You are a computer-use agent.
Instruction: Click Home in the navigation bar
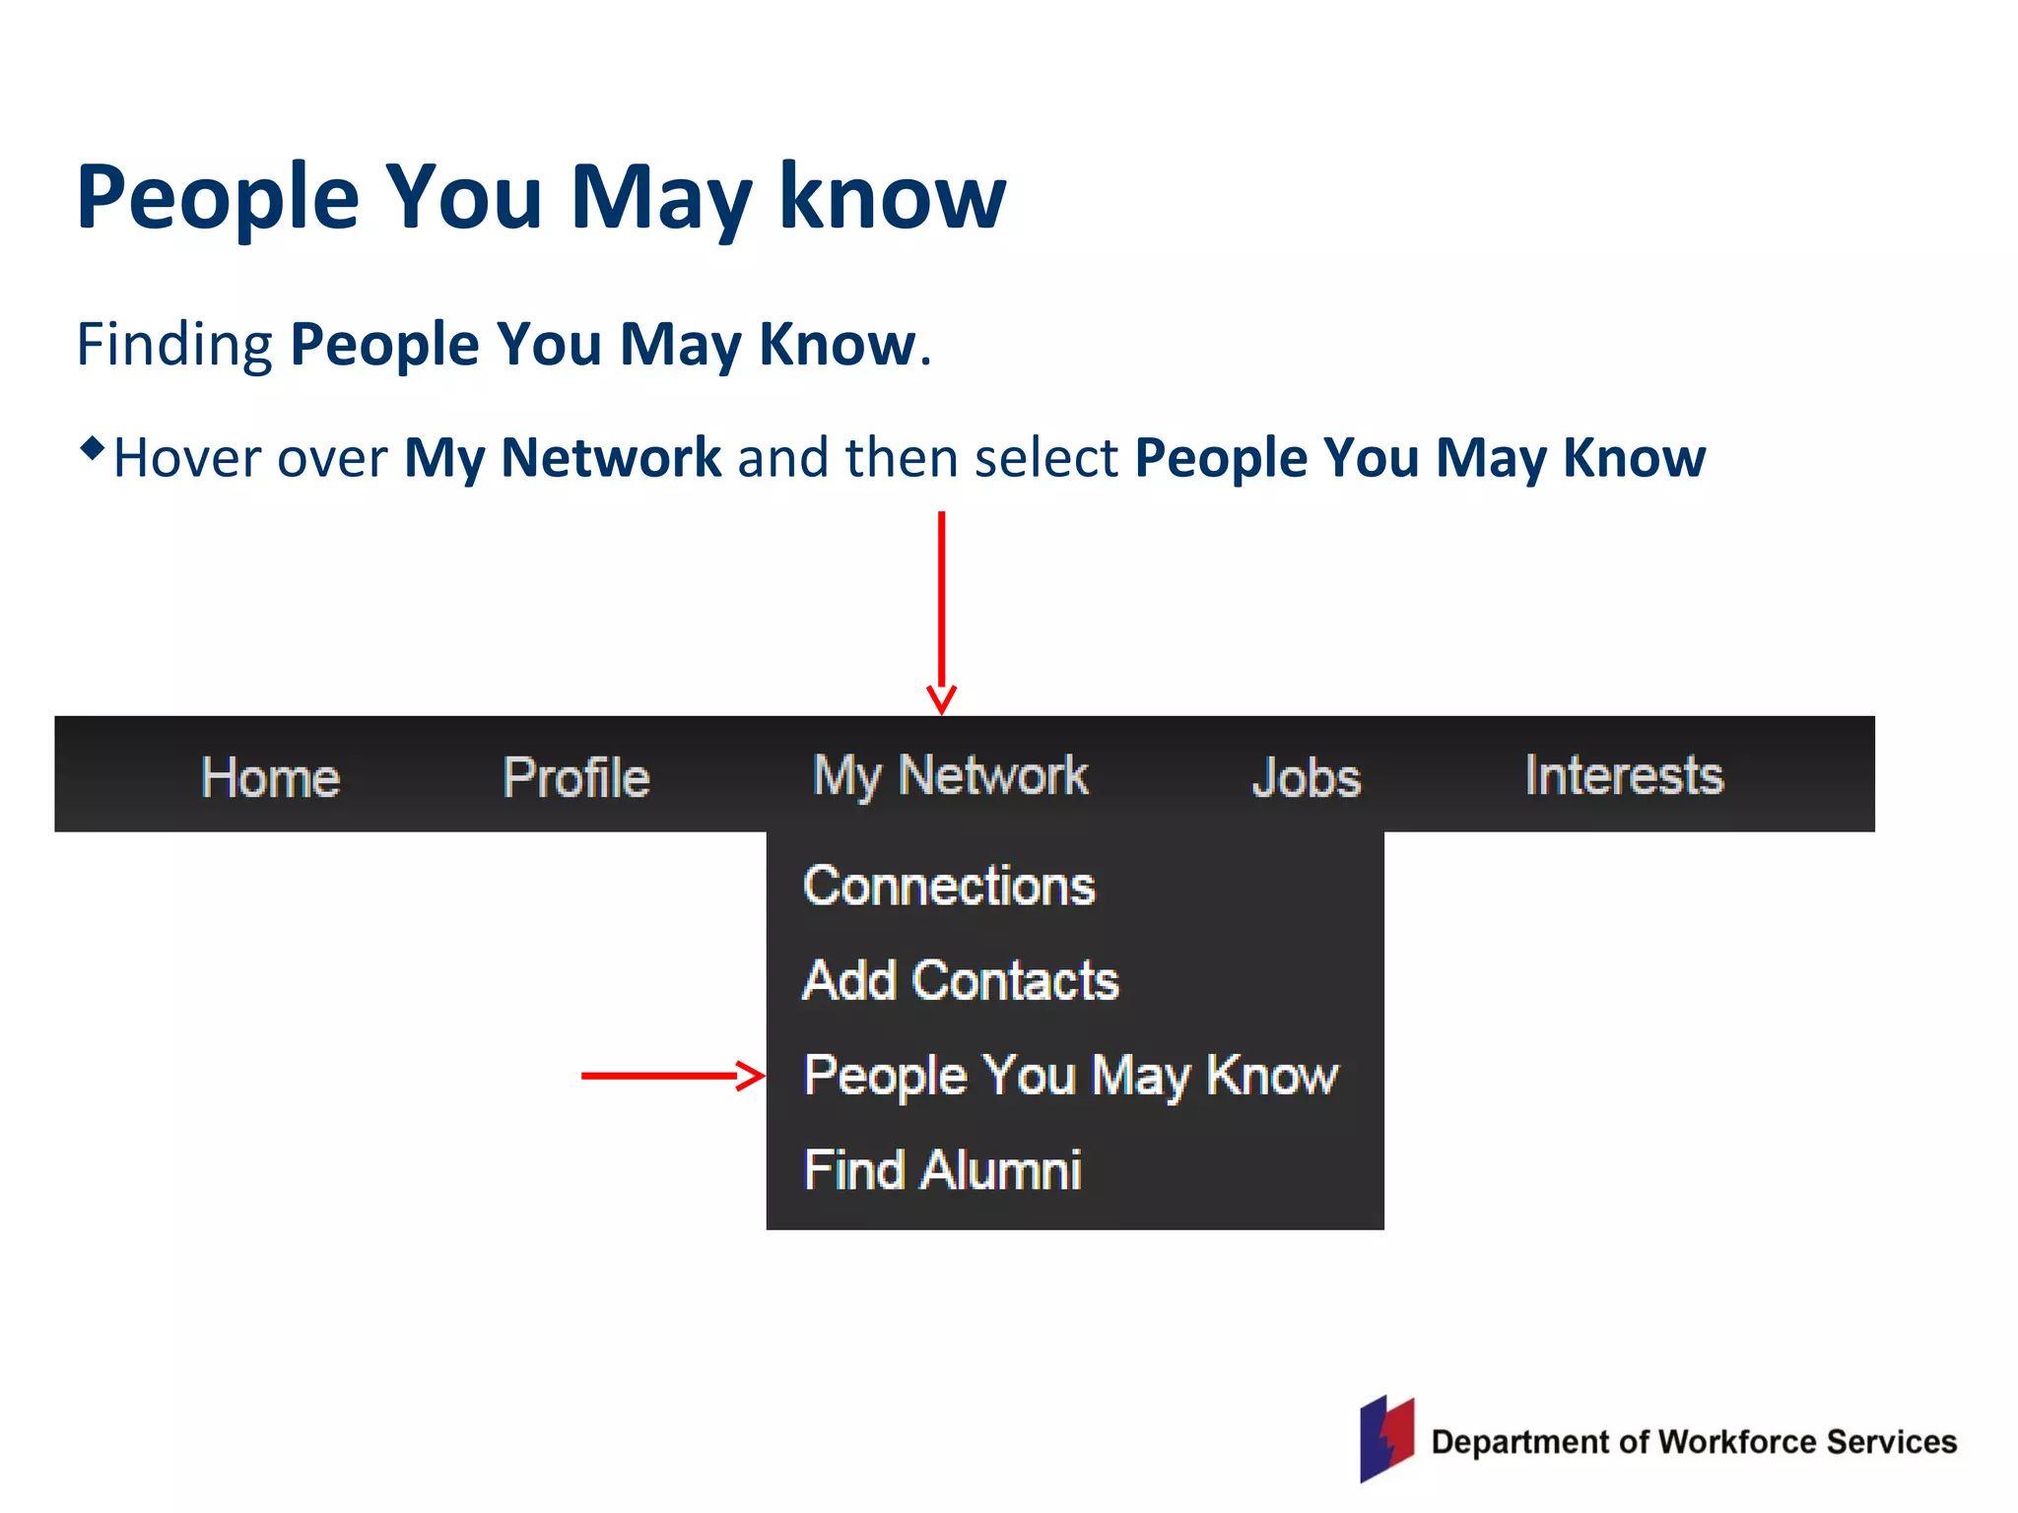pos(270,777)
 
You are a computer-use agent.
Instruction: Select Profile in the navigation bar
pos(576,777)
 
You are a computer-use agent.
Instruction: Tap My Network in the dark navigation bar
pos(950,775)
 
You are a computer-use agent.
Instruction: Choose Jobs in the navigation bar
pos(1307,777)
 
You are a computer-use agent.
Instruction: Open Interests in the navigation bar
pos(1624,774)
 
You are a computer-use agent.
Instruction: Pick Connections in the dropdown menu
pos(949,886)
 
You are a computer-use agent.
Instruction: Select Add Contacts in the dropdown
pos(961,980)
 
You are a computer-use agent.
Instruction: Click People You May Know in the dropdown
pos(1071,1075)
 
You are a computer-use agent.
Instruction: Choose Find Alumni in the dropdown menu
pos(942,1170)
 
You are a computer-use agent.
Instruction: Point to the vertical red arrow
pos(942,611)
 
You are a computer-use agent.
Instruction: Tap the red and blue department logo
pos(1386,1439)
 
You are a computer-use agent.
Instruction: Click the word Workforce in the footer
pos(1737,1442)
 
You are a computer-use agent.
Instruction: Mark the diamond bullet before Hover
pos(92,449)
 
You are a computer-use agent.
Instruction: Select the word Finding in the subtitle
pos(174,345)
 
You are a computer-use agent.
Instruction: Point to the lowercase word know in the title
pos(892,197)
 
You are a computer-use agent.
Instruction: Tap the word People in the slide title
pos(218,197)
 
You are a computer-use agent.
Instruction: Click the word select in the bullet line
pos(1045,458)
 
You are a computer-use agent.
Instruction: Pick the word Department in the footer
pos(1522,1442)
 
